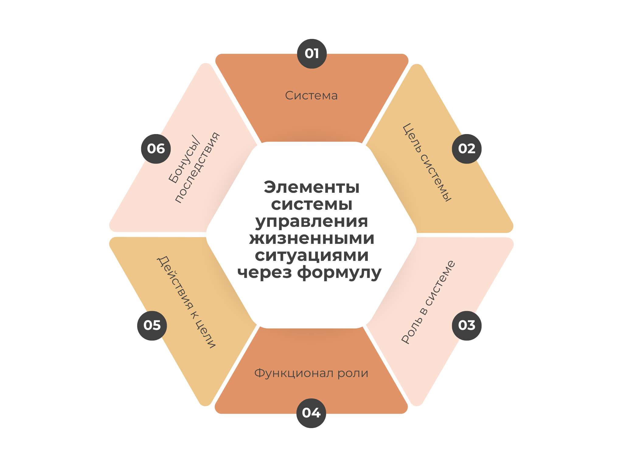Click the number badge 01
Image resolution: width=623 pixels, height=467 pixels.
click(312, 54)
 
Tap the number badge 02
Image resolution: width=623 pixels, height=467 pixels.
click(467, 149)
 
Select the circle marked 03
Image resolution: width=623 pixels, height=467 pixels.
click(467, 325)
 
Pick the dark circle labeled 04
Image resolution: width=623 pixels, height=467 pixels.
click(311, 413)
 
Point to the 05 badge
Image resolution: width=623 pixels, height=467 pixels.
click(152, 325)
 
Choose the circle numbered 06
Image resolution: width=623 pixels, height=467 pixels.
click(156, 149)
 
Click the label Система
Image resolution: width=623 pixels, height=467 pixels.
click(311, 95)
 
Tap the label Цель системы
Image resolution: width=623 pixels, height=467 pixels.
click(427, 163)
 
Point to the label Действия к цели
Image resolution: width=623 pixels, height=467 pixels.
click(186, 302)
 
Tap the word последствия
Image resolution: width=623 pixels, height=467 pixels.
click(197, 168)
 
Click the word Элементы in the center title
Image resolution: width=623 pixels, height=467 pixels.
click(311, 187)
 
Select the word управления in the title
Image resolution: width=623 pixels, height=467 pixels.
click(311, 221)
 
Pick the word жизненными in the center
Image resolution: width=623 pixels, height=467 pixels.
click(311, 238)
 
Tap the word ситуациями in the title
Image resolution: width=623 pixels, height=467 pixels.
click(311, 255)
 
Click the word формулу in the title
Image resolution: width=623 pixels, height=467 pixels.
click(339, 272)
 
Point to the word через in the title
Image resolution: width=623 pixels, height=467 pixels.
click(264, 272)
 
